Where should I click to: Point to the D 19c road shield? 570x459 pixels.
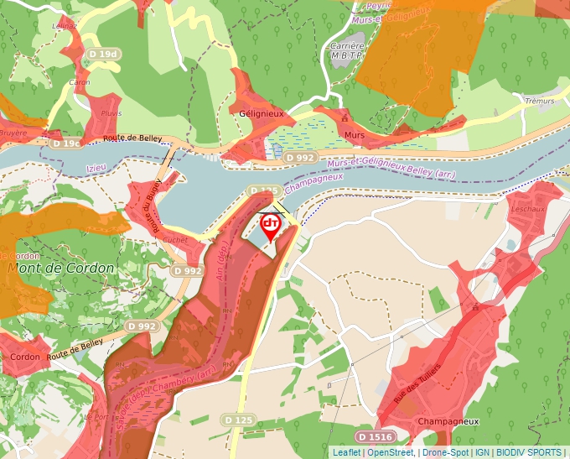coord(66,143)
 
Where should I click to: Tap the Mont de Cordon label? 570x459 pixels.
coord(60,268)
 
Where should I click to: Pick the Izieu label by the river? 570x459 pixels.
coord(97,167)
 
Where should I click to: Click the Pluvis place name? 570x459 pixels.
coord(111,112)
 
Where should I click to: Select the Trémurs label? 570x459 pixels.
coord(539,101)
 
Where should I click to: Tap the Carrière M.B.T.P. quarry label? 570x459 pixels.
coord(347,51)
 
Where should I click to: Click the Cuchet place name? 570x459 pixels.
coord(175,239)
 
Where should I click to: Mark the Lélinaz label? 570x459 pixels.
coord(65,26)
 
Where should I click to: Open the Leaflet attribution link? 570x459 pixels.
coord(346,452)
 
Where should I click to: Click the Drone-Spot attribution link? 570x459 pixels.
coord(445,452)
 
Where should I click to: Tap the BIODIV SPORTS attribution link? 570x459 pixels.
coord(529,452)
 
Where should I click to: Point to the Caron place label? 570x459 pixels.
coord(80,82)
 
